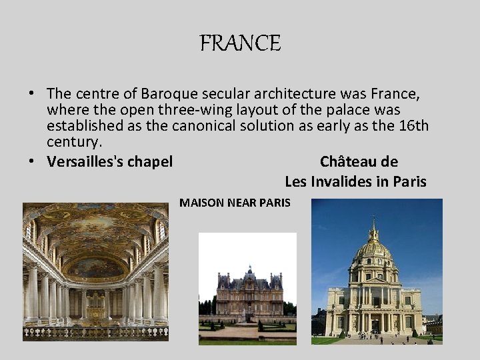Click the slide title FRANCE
pos(241,44)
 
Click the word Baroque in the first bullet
pos(181,95)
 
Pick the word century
pos(73,141)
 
